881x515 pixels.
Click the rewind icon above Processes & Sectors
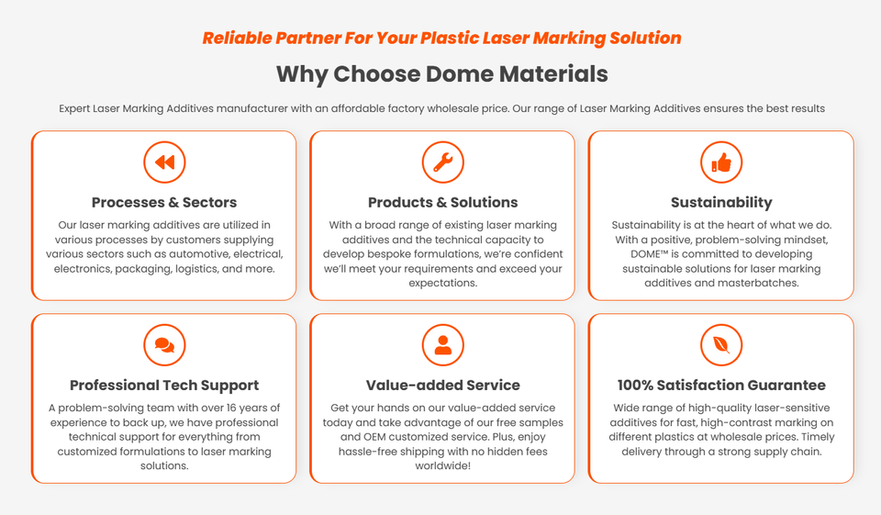click(164, 162)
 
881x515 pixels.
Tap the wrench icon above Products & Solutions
click(442, 162)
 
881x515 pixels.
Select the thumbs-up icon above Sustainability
click(720, 162)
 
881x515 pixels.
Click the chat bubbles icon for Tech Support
click(164, 345)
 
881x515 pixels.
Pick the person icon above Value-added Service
click(442, 345)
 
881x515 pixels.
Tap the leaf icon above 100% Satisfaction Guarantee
click(720, 345)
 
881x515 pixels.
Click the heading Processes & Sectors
click(164, 202)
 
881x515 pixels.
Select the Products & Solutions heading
click(442, 202)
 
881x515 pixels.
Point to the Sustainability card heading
click(720, 202)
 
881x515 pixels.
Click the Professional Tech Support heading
click(164, 386)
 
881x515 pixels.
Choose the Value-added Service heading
click(442, 386)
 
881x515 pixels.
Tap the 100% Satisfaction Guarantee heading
click(720, 386)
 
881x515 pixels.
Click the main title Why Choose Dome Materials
click(441, 73)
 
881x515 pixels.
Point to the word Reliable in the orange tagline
click(234, 39)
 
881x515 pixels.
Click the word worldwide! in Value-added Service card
click(442, 466)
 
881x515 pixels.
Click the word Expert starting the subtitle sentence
click(74, 108)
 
